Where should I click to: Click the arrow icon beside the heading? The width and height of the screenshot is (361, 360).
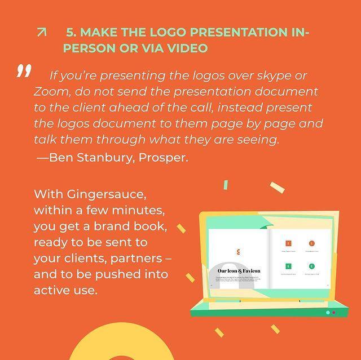[41, 33]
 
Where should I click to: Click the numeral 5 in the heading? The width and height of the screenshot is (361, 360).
[71, 33]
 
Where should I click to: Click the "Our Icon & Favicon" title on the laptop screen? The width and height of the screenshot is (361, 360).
[239, 271]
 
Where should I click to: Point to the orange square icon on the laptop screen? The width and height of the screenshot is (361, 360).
[288, 244]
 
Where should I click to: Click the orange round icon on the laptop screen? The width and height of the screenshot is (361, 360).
[311, 244]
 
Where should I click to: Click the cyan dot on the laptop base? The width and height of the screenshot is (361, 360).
[327, 312]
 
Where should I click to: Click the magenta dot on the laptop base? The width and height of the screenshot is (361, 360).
[333, 312]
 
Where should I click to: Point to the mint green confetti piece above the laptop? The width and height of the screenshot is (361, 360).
[226, 185]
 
